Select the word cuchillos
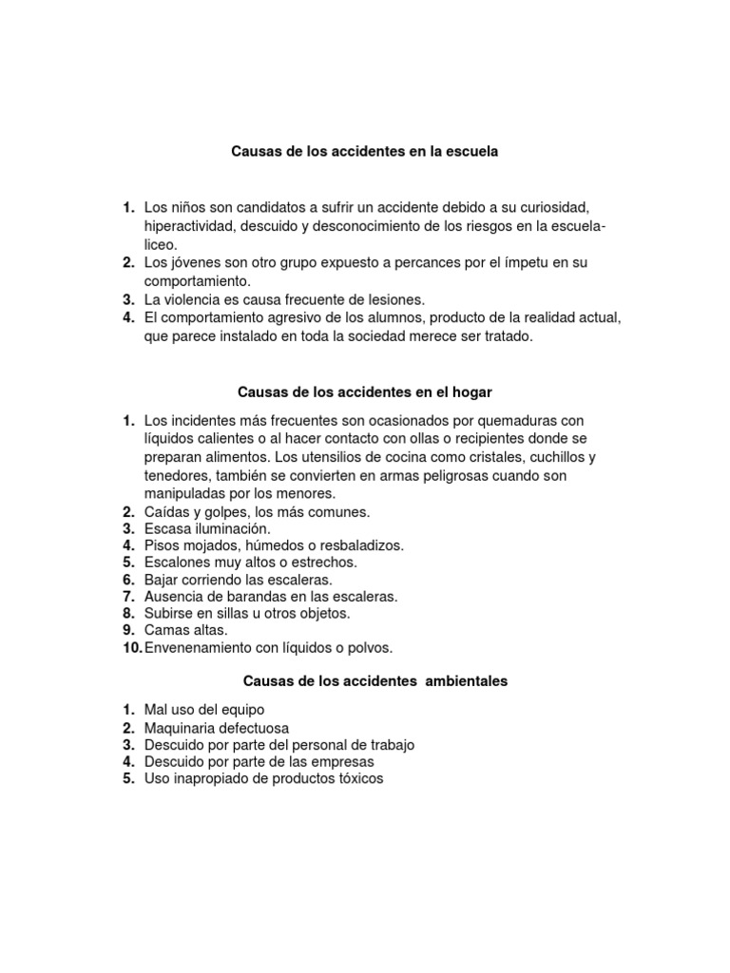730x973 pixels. pyautogui.click(x=554, y=456)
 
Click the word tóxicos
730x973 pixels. pyautogui.click(x=355, y=779)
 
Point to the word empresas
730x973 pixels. pyautogui.click(x=341, y=762)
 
